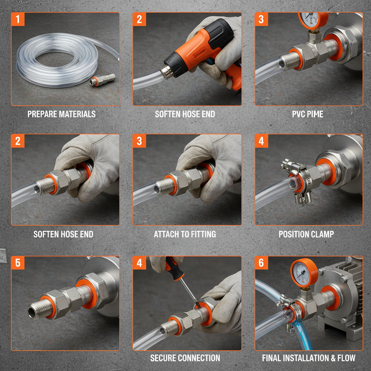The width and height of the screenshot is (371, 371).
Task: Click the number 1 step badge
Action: (18, 19)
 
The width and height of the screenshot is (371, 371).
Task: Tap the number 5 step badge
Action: (18, 263)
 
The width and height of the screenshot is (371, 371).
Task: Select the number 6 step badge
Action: (261, 263)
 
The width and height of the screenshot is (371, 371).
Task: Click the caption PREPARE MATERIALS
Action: (62, 114)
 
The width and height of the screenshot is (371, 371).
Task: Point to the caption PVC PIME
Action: (307, 114)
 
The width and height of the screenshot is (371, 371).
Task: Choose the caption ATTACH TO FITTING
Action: (185, 234)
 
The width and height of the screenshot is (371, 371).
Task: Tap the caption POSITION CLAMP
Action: (306, 234)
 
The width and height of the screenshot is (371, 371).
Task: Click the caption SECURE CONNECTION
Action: (185, 358)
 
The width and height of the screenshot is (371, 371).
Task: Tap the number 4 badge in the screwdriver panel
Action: (139, 263)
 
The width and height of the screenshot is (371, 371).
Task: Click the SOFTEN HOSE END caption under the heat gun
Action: (185, 114)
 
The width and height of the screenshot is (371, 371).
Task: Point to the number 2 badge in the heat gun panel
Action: (139, 19)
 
